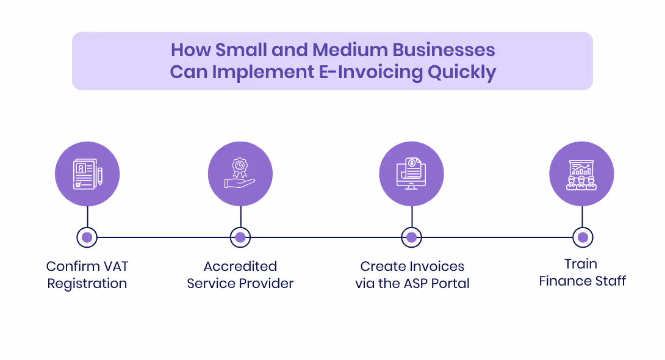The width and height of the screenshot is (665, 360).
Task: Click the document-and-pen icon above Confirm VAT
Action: click(87, 174)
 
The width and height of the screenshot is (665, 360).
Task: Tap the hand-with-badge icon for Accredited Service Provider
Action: click(240, 174)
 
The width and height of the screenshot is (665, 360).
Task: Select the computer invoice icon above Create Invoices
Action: click(411, 174)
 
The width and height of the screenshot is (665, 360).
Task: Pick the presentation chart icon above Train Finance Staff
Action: click(581, 174)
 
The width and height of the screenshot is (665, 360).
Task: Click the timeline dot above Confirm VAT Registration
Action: click(87, 237)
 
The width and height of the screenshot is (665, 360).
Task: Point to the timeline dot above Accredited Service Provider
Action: click(240, 237)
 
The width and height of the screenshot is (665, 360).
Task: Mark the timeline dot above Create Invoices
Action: click(411, 237)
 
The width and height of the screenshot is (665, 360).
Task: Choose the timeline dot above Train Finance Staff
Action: click(583, 237)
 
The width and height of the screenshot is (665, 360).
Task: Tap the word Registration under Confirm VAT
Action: click(87, 284)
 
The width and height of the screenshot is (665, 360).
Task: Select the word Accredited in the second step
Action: click(240, 267)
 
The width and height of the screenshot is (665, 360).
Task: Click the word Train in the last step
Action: click(581, 264)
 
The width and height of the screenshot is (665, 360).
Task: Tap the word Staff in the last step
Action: click(611, 281)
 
